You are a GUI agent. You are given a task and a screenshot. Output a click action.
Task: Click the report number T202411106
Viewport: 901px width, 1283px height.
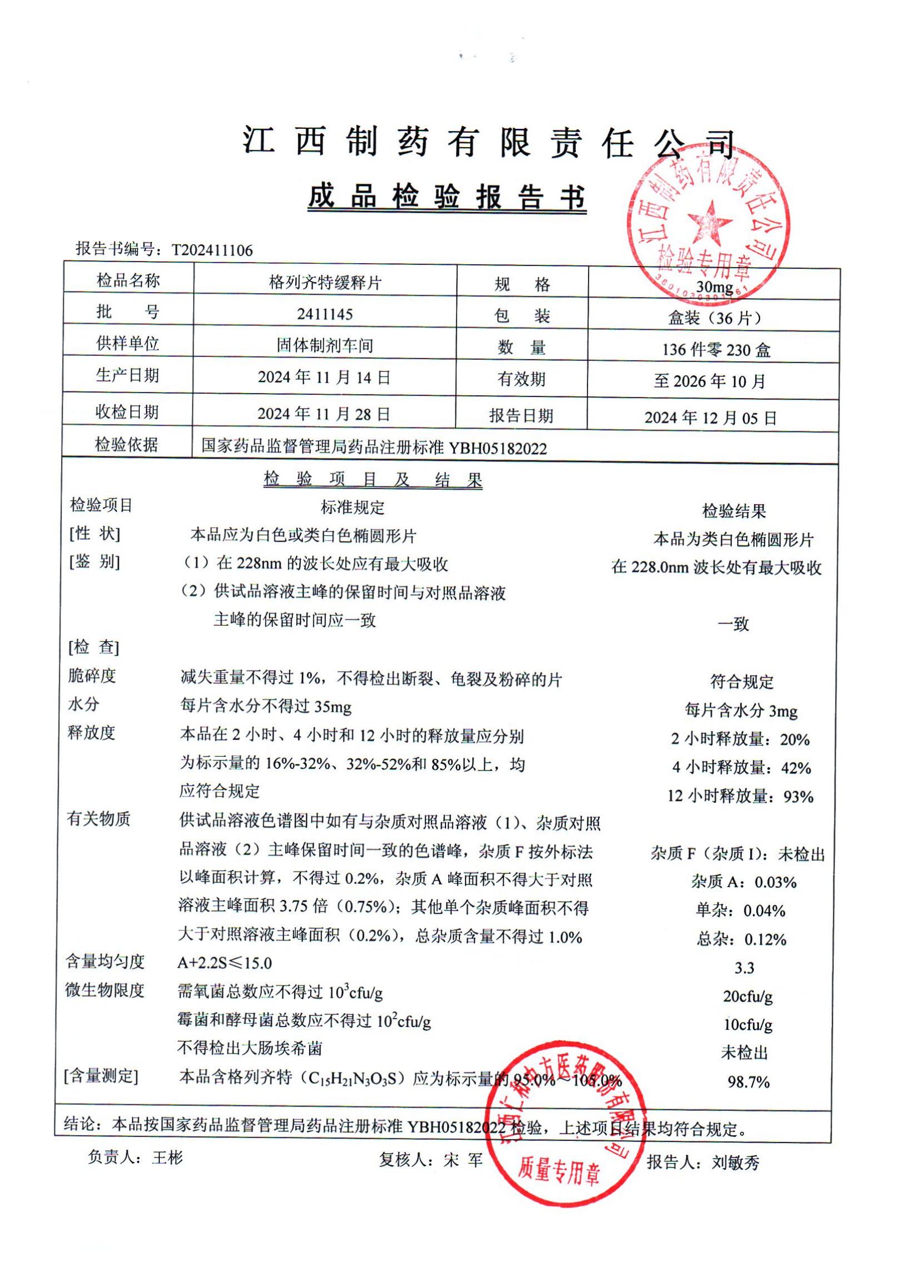click(x=212, y=250)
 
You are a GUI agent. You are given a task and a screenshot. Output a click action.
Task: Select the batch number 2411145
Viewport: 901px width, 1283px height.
click(x=325, y=314)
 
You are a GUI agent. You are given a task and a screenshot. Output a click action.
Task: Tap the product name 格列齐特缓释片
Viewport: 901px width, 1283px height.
click(x=325, y=283)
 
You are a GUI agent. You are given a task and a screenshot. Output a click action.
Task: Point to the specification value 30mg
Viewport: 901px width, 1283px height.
click(x=715, y=287)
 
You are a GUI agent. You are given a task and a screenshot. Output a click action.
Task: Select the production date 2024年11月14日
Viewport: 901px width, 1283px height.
click(x=324, y=377)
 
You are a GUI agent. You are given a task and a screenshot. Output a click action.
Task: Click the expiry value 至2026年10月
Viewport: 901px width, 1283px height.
click(x=710, y=381)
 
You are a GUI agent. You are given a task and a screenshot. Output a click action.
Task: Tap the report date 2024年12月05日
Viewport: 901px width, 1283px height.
click(x=710, y=417)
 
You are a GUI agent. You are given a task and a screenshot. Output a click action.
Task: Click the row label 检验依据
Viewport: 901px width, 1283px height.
click(x=127, y=445)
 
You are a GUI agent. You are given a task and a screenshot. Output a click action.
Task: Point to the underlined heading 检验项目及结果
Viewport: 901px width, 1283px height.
click(x=373, y=480)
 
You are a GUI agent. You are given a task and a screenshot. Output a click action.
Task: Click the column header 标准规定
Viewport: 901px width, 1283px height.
click(x=352, y=507)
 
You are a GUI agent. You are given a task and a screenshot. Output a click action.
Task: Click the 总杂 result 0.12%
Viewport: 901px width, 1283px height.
click(x=765, y=939)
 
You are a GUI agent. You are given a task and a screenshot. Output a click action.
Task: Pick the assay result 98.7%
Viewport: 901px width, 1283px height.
click(x=748, y=1082)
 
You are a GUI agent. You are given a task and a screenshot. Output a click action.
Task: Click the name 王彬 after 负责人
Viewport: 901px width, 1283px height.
click(x=167, y=1158)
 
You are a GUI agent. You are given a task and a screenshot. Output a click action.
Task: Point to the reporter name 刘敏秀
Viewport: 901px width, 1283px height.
click(x=735, y=1163)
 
